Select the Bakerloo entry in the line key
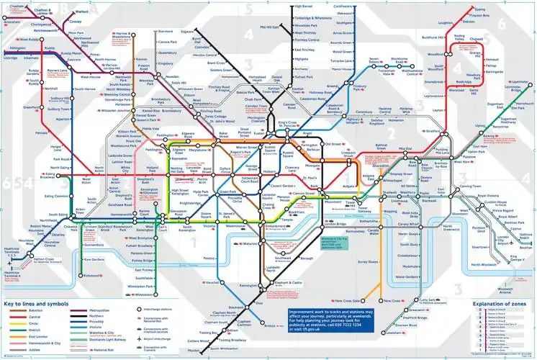click(x=22, y=311)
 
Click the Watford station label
click(x=81, y=12)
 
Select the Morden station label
click(x=195, y=350)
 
